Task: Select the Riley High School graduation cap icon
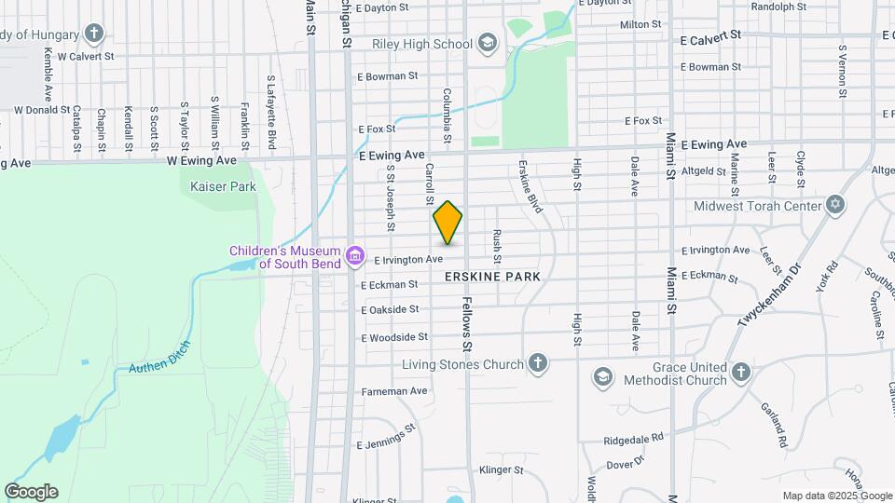pos(487,43)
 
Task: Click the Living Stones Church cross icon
pos(537,363)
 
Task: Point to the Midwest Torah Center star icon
pos(835,205)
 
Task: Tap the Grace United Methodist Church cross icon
pos(740,373)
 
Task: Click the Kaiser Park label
pos(223,186)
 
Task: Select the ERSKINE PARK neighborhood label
pos(492,278)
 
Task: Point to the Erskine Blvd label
pos(530,187)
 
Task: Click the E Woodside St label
pos(394,336)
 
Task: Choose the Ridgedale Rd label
pos(633,437)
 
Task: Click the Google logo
pos(31,492)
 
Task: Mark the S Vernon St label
pos(842,71)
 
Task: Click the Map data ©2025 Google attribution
pos(836,496)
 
